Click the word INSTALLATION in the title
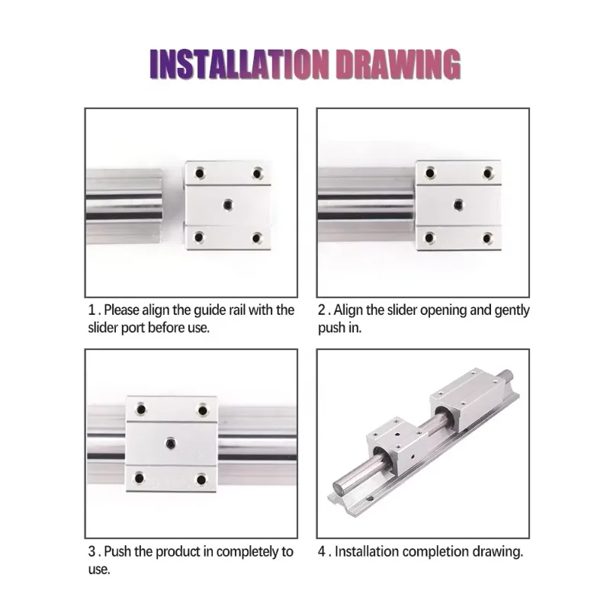coord(239,65)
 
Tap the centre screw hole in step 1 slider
coord(228,204)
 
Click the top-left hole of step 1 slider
coord(200,173)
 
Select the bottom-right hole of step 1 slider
coord(257,237)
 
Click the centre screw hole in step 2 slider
coord(459,204)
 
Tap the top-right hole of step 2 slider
coord(488,173)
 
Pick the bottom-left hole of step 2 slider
coord(430,237)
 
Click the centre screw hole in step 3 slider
coord(170,444)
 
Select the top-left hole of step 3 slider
coord(141,409)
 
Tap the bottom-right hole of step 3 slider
coord(201,480)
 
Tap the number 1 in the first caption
coord(91,310)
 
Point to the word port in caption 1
coord(133,329)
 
